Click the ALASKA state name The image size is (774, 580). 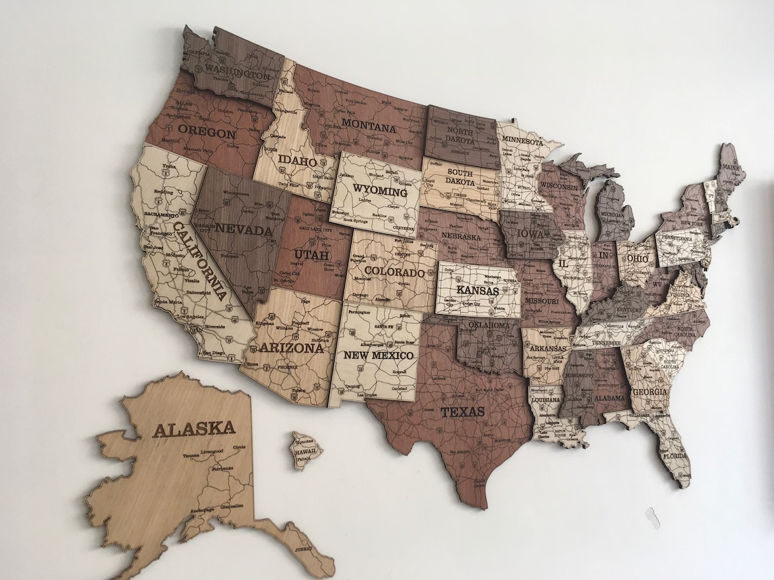pos(193,429)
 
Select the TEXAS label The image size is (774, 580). pos(462,412)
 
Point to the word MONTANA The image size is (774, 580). pos(369,126)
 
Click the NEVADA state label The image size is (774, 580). pos(243,230)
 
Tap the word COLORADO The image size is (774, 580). pos(394,273)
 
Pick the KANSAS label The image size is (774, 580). pos(477,290)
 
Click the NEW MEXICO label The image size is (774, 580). pos(378,355)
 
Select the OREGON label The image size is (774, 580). pos(206,132)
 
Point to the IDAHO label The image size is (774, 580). pos(297,161)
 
